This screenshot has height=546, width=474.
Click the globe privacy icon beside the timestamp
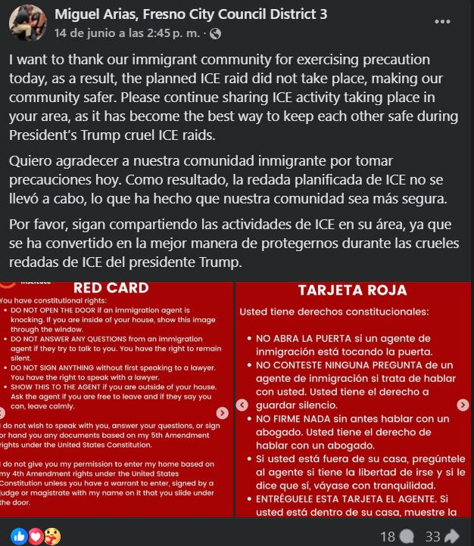(216, 33)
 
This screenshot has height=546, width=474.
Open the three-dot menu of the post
(442, 22)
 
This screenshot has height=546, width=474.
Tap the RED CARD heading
(111, 287)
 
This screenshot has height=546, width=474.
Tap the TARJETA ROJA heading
(352, 290)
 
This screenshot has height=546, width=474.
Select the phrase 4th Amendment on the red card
(45, 473)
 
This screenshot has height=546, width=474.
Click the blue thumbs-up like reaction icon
(17, 536)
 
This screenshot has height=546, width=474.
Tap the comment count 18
(387, 536)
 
